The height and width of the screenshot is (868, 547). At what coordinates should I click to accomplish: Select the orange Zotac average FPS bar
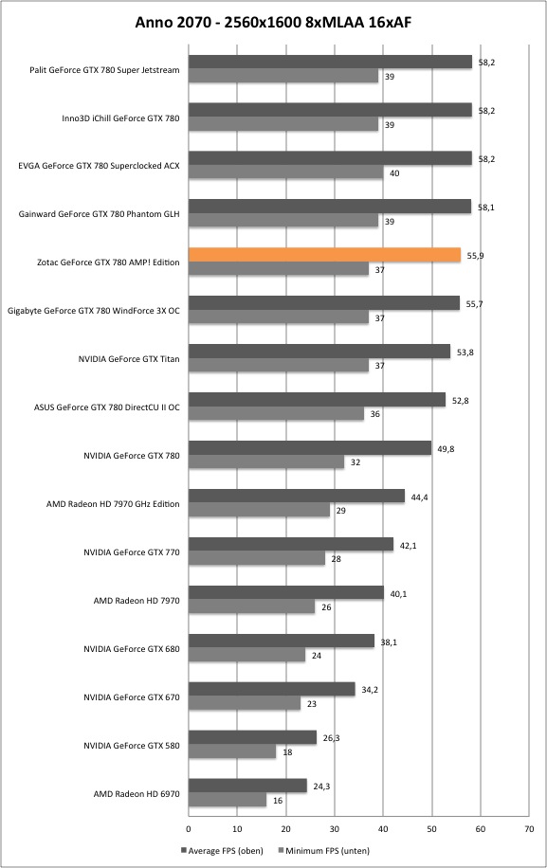click(324, 255)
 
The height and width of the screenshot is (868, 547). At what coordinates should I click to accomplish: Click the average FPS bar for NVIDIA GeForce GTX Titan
click(319, 352)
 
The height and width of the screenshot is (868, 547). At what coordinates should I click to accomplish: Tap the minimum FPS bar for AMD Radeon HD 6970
click(228, 800)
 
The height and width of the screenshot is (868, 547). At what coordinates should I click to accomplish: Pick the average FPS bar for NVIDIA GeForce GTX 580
click(252, 737)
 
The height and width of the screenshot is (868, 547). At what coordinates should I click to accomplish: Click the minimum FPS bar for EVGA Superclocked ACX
click(285, 172)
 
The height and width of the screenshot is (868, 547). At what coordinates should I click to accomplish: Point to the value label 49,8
click(446, 449)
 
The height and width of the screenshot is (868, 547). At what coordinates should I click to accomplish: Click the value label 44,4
click(419, 497)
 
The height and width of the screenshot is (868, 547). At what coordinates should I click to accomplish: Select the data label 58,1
click(486, 208)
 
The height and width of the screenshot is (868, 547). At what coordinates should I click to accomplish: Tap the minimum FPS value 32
click(356, 462)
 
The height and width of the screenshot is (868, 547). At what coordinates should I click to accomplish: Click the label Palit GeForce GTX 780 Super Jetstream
click(104, 70)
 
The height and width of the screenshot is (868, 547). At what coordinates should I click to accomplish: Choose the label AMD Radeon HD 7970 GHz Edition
click(113, 504)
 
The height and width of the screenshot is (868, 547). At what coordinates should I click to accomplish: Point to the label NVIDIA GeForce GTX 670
click(132, 697)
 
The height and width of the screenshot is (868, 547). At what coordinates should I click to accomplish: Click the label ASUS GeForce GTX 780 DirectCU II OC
click(107, 407)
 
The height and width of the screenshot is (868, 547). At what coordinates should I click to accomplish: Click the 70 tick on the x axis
click(529, 829)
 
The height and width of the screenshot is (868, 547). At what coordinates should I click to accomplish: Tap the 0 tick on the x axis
click(189, 829)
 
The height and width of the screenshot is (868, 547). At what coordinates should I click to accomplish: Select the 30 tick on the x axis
click(335, 829)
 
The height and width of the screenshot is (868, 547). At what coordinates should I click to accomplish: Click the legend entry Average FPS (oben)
click(222, 851)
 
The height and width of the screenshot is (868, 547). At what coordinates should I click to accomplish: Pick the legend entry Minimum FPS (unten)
click(324, 851)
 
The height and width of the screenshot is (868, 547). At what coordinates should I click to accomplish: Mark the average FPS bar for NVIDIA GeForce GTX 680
click(282, 641)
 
